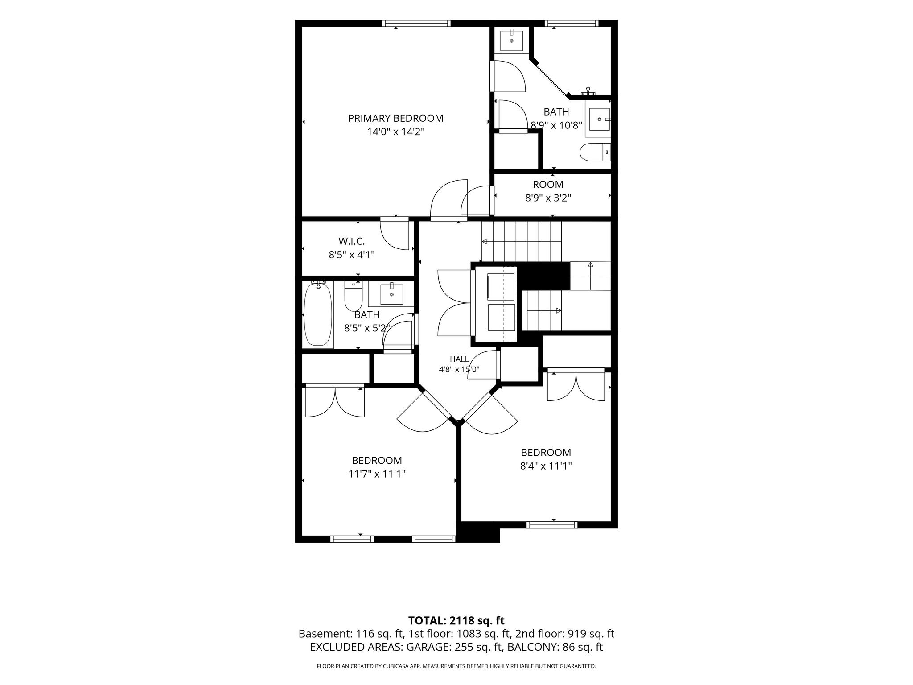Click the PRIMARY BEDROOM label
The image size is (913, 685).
click(x=395, y=118)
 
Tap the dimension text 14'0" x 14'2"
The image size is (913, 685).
click(x=395, y=132)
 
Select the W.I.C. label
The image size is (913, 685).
click(x=351, y=241)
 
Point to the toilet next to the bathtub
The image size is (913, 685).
click(x=354, y=295)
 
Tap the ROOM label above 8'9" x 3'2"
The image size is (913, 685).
click(x=548, y=184)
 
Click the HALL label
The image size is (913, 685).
click(x=459, y=359)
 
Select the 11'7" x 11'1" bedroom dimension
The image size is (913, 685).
click(x=377, y=474)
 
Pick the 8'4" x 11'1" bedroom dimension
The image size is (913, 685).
click(x=546, y=466)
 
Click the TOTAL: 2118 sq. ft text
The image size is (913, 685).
click(x=456, y=620)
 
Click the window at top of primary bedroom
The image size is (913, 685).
click(x=416, y=23)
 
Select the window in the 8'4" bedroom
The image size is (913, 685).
click(x=552, y=525)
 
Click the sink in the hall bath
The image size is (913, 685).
click(x=391, y=294)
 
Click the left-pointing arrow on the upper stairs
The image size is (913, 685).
click(x=521, y=242)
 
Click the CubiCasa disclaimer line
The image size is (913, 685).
click(x=456, y=666)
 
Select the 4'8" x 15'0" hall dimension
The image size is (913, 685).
click(x=459, y=369)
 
